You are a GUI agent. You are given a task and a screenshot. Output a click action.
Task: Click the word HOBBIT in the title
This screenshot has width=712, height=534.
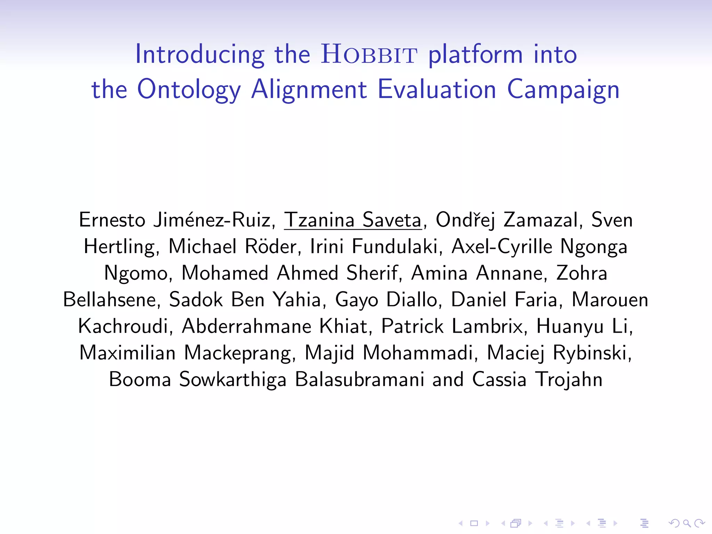pos(369,55)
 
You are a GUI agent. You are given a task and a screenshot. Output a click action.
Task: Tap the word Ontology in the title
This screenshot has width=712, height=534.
pos(189,90)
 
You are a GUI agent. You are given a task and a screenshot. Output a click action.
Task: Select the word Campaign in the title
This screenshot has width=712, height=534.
pos(563,90)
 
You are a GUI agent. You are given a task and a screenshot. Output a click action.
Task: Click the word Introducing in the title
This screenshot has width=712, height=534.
pos(200,55)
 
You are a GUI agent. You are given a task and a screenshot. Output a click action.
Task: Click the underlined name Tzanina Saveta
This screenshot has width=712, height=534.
pos(353,220)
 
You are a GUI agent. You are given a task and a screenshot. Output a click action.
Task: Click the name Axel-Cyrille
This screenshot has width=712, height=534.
pos(502,246)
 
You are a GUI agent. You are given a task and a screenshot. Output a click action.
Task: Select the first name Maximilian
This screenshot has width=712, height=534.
pos(128,353)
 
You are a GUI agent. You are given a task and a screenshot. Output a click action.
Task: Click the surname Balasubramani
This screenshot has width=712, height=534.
pos(359,379)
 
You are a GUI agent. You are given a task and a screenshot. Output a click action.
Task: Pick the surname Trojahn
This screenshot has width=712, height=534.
pos(569,379)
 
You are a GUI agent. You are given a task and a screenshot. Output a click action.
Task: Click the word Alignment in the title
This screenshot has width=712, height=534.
pos(309,90)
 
